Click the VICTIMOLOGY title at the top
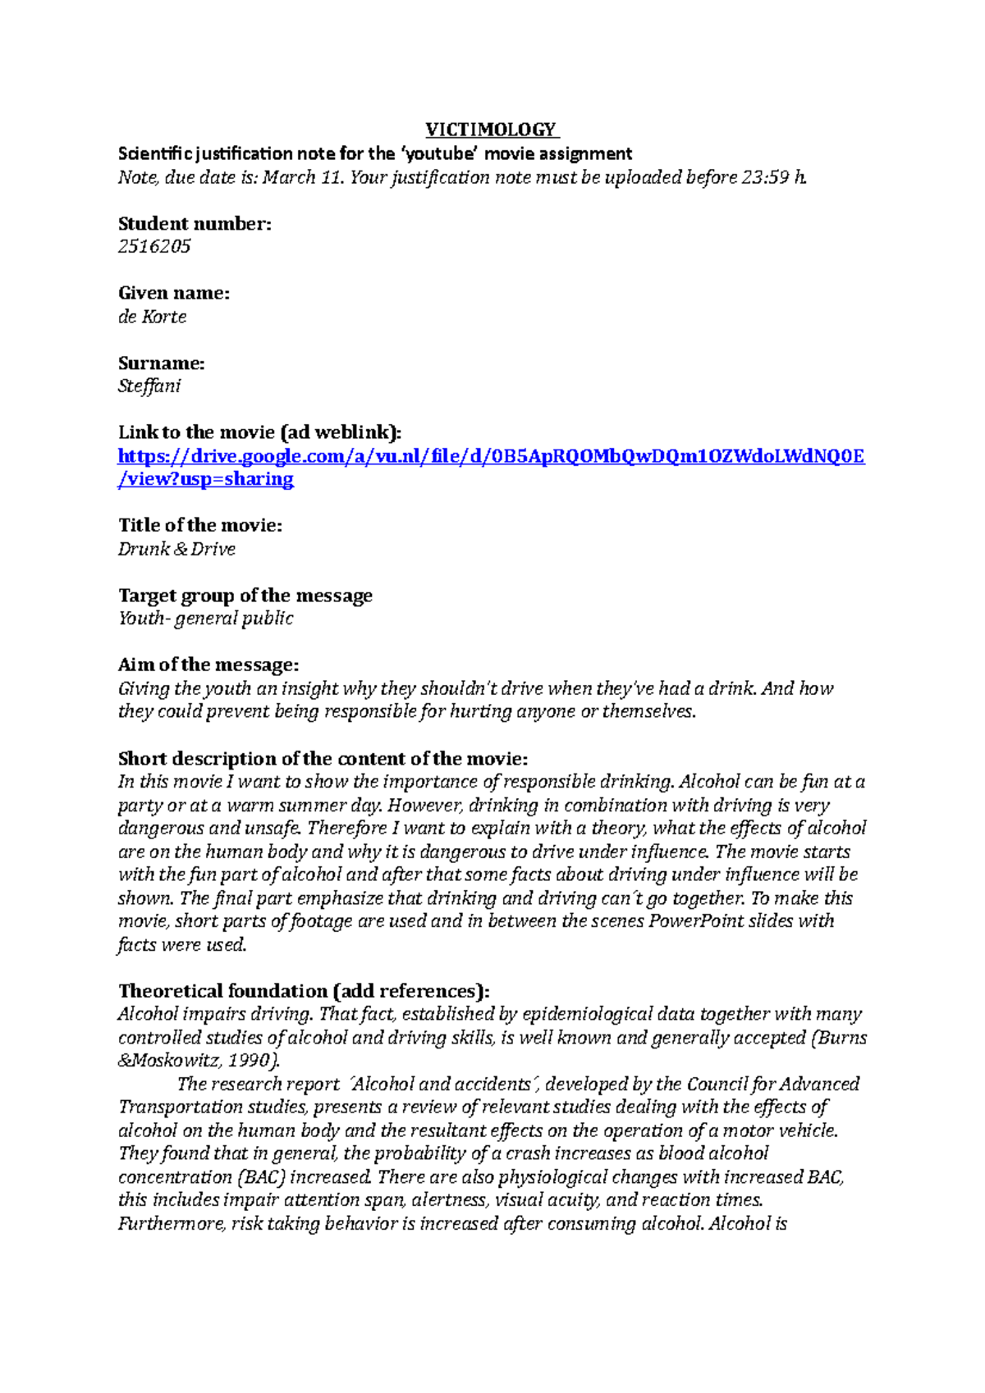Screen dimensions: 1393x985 point(491,130)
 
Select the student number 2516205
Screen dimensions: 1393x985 point(154,246)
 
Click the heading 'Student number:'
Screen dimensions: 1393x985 point(195,223)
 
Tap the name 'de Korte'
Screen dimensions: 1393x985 point(152,317)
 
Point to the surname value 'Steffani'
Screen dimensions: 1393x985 point(149,386)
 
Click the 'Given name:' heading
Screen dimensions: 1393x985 point(173,293)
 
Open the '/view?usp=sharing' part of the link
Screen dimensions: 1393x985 point(205,479)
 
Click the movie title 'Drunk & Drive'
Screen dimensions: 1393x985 point(176,549)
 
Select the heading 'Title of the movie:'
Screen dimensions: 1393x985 point(199,525)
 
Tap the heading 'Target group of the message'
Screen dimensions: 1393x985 point(245,596)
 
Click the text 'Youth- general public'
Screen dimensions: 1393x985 point(205,619)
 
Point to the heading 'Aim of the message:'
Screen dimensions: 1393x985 point(208,665)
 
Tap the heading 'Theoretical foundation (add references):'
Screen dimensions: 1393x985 point(303,991)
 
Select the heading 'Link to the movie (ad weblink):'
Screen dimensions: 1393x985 point(259,432)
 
